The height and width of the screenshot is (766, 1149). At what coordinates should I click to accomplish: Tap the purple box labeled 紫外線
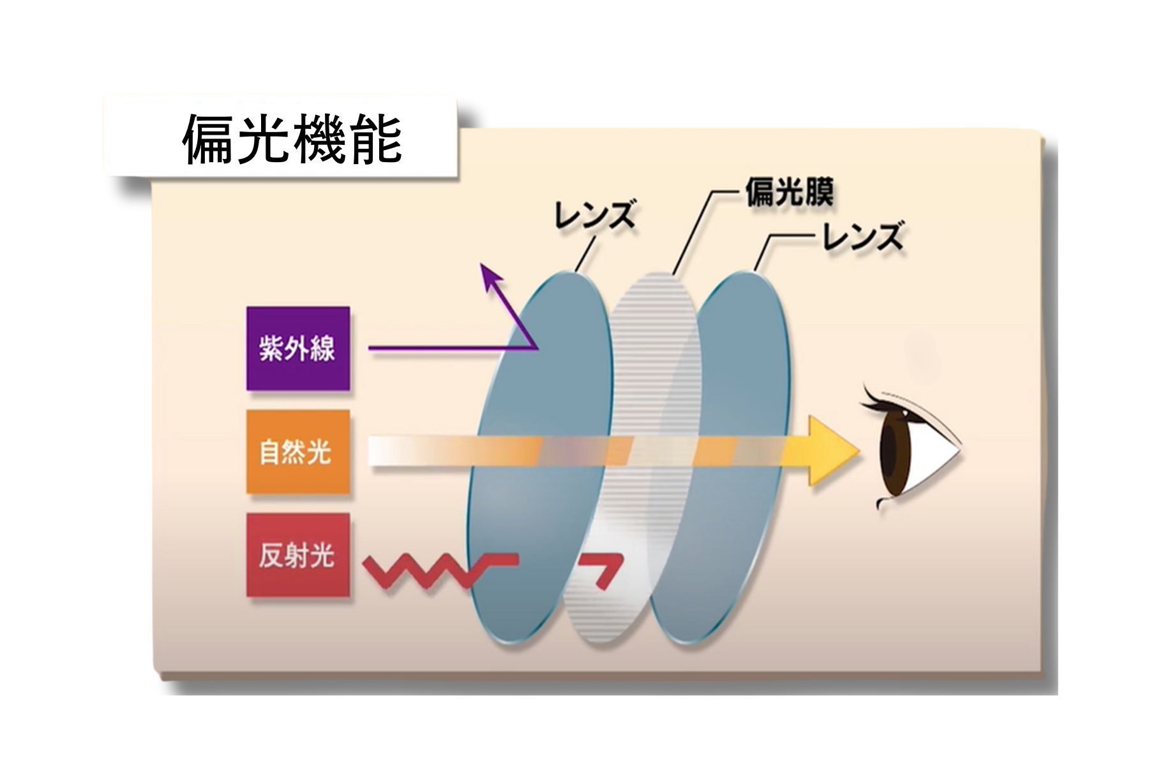(298, 349)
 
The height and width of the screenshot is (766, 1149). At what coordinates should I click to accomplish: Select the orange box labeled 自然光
(298, 452)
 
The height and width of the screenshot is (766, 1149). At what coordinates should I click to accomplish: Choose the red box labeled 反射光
(298, 555)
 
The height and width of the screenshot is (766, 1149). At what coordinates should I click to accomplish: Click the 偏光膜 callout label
(789, 191)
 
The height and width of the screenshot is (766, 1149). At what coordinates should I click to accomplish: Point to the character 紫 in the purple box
(272, 349)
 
